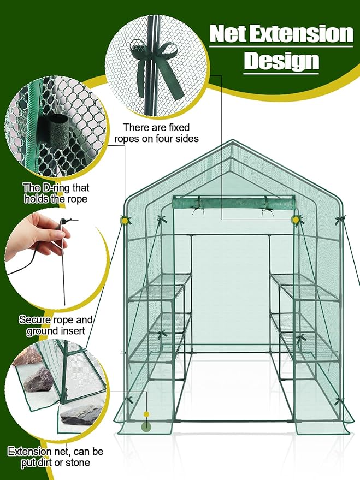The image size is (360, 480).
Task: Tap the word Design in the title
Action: click(281, 60)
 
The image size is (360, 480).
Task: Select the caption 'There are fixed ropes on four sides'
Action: click(156, 133)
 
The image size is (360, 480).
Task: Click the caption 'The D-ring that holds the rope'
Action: click(56, 193)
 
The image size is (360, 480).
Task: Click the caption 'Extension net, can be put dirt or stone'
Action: click(56, 458)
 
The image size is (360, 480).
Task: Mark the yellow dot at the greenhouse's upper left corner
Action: click(125, 220)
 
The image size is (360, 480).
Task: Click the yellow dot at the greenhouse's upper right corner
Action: click(296, 220)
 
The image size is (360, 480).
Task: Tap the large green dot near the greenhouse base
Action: click(146, 427)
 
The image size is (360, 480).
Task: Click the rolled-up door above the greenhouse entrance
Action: click(233, 204)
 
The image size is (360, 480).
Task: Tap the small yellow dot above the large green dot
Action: click(146, 414)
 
